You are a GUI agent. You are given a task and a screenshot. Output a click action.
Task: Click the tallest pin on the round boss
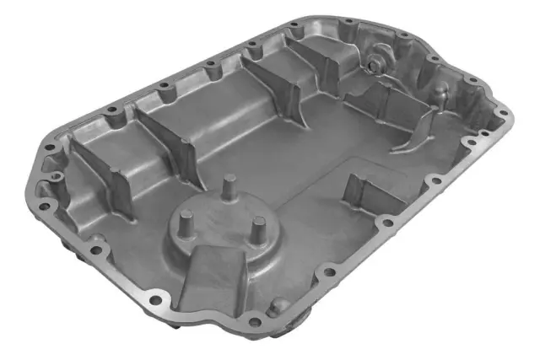tap(229, 185)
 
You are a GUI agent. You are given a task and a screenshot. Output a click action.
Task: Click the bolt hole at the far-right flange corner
tap(503, 110)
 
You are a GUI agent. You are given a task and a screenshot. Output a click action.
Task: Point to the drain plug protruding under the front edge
tap(296, 325)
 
